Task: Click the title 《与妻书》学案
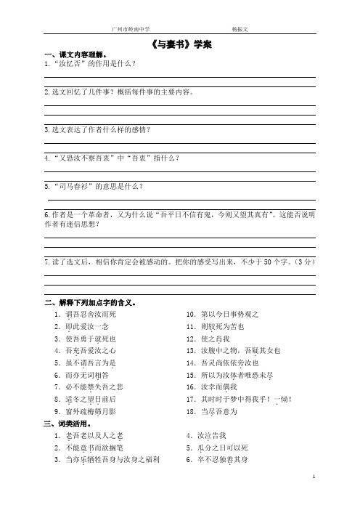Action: [180, 44]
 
